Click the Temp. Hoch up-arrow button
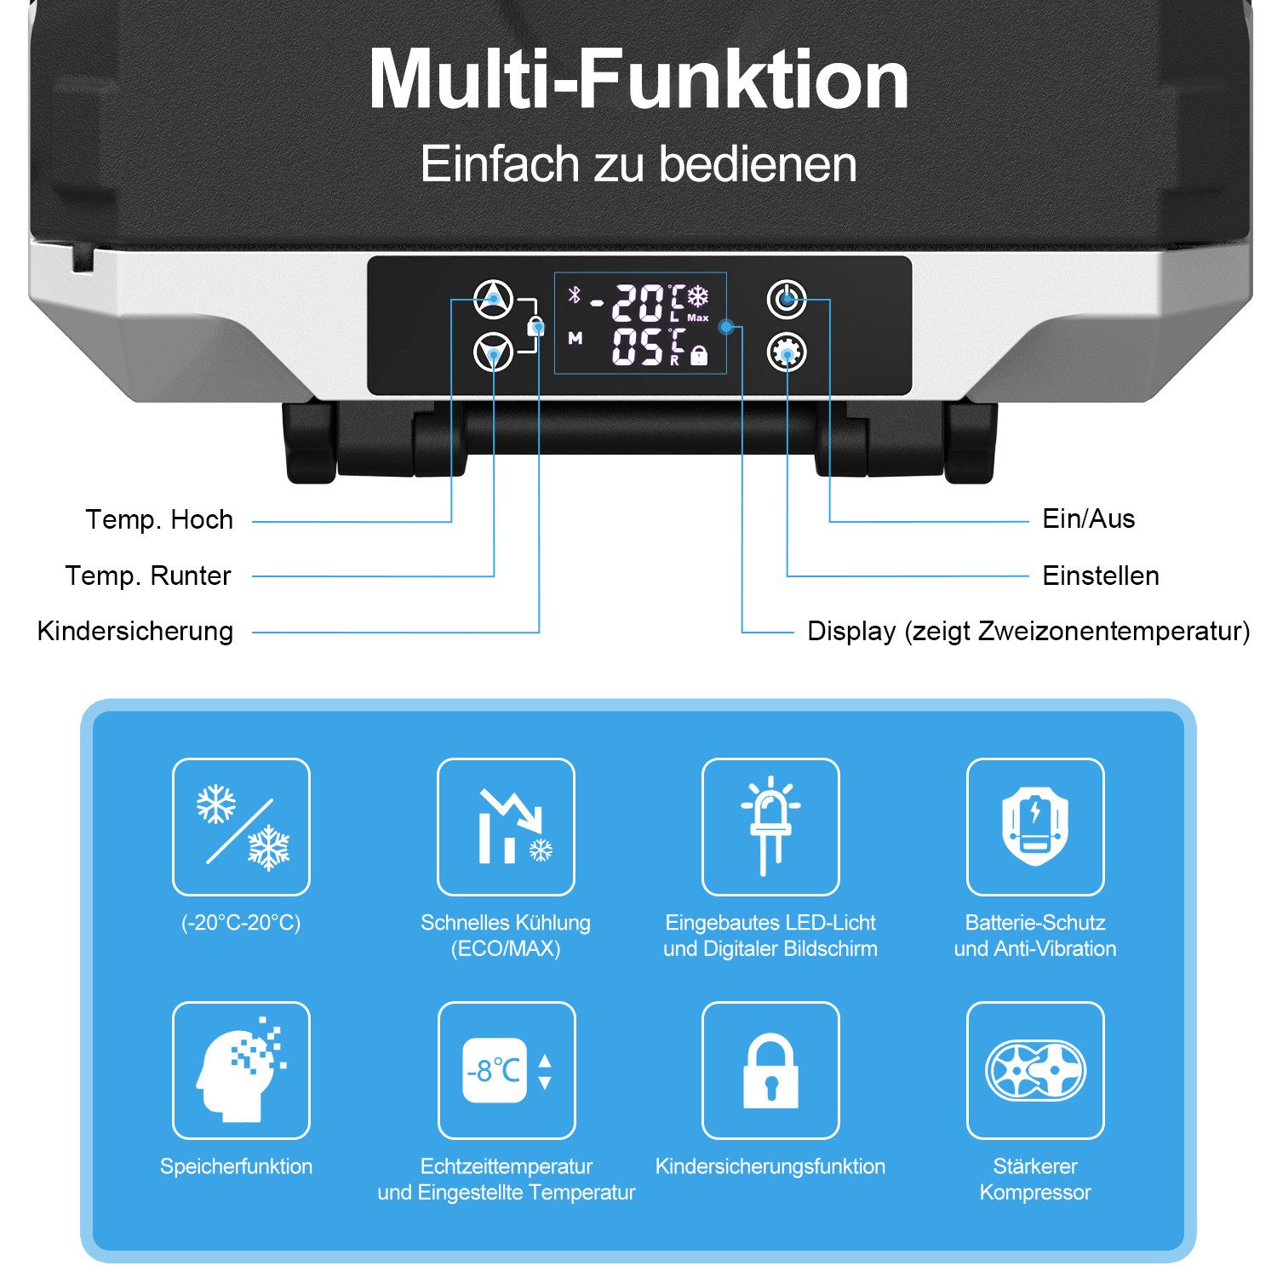[493, 299]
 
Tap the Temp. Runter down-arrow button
[493, 351]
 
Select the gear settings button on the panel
[787, 352]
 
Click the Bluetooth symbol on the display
[575, 295]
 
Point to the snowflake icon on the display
[698, 296]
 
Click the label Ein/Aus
[1088, 518]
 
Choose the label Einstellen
[1101, 576]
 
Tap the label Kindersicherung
[135, 631]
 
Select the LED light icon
[770, 827]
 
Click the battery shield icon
[1035, 827]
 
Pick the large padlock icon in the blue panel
[770, 1070]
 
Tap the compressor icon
[1035, 1070]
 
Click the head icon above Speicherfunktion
[241, 1070]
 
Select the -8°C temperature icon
[507, 1070]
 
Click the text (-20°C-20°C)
[241, 923]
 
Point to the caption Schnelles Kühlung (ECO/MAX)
[506, 936]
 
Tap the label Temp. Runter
[148, 576]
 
